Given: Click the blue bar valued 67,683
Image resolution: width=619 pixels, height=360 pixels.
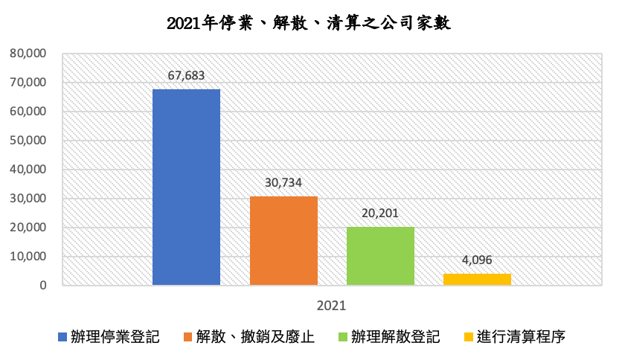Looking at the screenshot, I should point(186,187).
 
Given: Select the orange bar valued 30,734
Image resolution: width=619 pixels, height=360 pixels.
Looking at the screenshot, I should point(283,240).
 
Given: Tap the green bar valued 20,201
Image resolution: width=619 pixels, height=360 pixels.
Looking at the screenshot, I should point(380,256).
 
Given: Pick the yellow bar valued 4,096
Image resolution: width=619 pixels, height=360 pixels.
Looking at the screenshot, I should point(477,279).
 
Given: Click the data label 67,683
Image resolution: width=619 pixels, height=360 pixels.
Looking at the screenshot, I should point(186,75).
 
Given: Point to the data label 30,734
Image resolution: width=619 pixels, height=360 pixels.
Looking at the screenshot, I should point(283,182).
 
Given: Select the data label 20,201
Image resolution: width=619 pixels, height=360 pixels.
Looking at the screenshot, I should point(380,213).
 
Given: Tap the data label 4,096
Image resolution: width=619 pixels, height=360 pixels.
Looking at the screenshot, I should point(477,260).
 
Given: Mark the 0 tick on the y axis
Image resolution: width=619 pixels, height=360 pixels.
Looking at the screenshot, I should point(44,286).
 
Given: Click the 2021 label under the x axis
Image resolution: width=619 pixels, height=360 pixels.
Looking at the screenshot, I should point(331,305).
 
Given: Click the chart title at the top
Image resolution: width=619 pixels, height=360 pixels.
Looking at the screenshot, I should point(309,23).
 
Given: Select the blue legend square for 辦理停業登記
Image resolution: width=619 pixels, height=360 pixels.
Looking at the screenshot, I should point(62,338).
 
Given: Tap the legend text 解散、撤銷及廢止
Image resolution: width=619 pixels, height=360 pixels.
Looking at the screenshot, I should point(255,337).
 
